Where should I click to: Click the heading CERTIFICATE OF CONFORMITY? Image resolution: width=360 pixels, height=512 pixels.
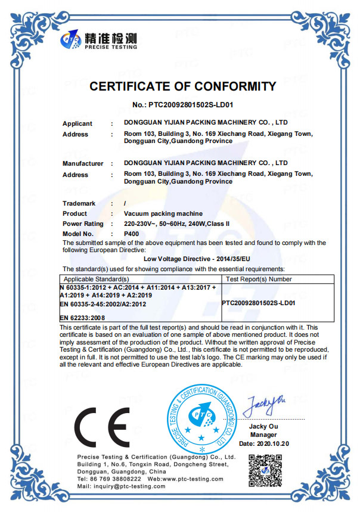(x=182, y=86)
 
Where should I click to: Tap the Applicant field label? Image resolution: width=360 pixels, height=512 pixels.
(x=77, y=124)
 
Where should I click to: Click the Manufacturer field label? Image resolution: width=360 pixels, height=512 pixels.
(x=83, y=163)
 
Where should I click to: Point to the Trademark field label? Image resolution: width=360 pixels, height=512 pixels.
(x=79, y=204)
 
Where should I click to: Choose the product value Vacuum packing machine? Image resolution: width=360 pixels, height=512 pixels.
(x=163, y=213)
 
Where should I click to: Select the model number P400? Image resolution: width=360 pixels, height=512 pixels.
(x=131, y=234)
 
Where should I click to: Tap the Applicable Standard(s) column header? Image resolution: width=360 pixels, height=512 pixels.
(x=97, y=279)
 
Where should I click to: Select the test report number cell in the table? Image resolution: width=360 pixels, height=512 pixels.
(x=259, y=303)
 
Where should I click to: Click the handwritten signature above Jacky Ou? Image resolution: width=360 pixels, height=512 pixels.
(x=265, y=407)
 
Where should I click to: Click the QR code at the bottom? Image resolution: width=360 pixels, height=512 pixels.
(x=264, y=470)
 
